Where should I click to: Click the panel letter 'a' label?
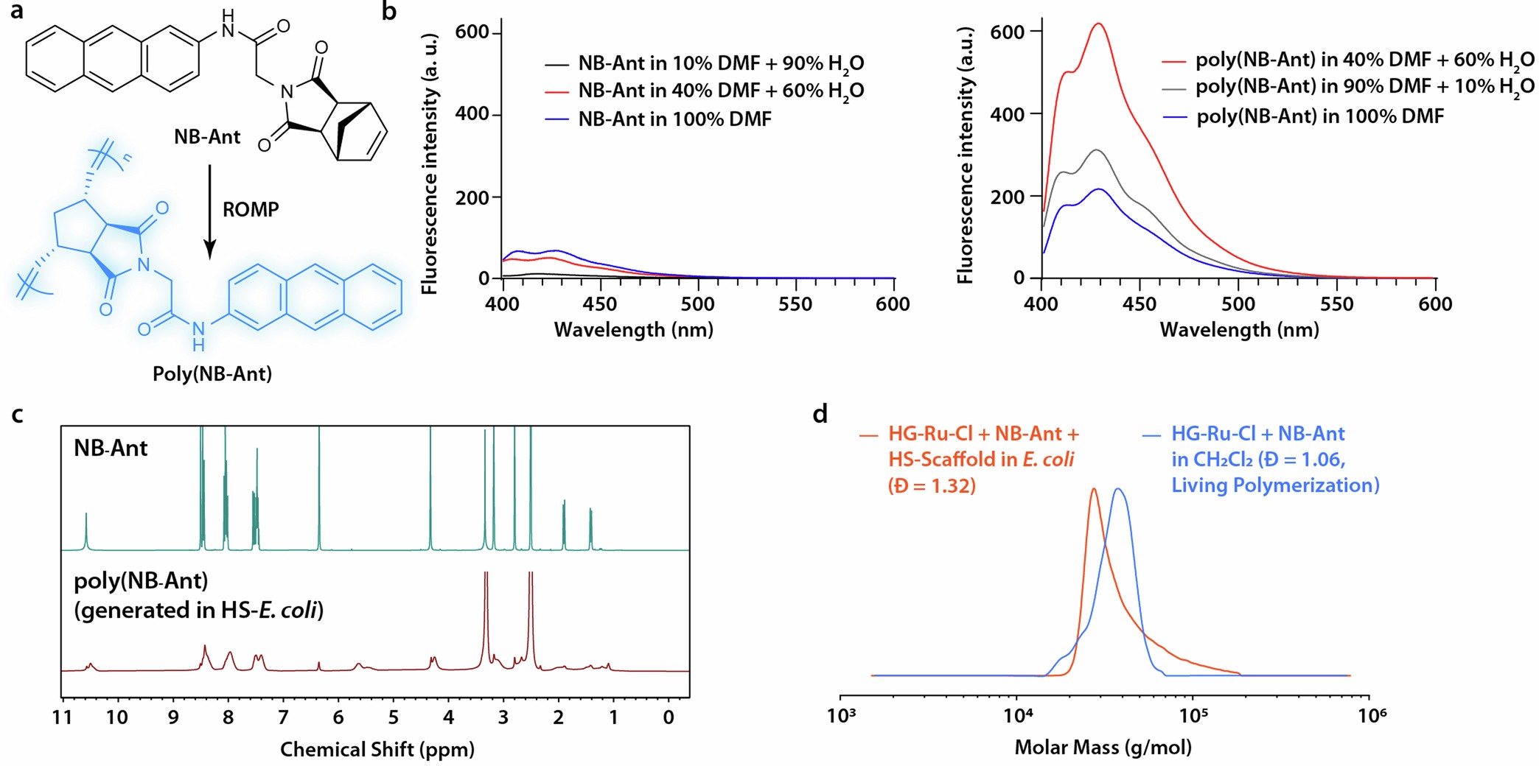pos(16,13)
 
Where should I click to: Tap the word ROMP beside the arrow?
pos(251,210)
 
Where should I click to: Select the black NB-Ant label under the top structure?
pos(207,137)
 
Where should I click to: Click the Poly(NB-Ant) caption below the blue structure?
pos(212,374)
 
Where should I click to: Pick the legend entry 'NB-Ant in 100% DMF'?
pos(674,119)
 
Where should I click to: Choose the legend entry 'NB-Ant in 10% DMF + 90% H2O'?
pos(720,64)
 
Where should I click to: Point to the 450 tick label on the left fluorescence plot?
pos(599,304)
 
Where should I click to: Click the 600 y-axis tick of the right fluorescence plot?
pos(1007,32)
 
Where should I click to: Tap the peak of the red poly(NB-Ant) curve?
pos(1098,24)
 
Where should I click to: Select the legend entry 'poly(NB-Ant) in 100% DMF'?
pos(1319,116)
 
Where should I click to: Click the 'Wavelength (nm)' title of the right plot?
pos(1239,330)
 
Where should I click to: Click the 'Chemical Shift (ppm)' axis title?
pos(377,750)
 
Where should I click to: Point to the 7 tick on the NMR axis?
pos(283,717)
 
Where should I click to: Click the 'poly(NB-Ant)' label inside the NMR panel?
pos(141,581)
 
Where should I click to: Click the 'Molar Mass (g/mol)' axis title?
pos(1103,748)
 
